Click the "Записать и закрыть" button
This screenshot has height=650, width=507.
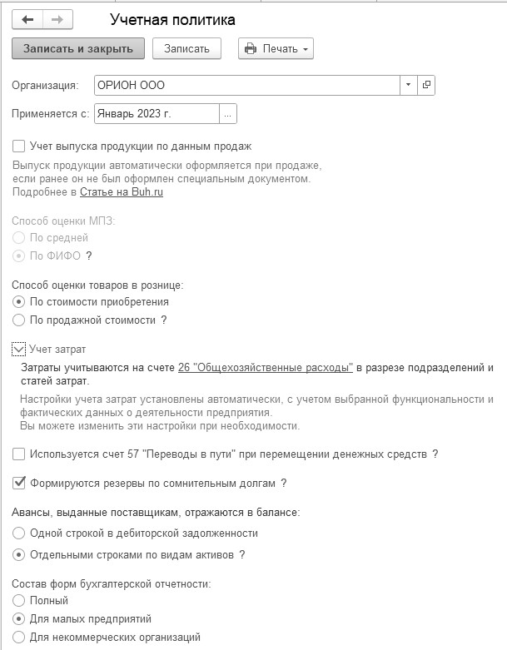[78, 48]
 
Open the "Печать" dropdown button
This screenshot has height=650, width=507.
[276, 48]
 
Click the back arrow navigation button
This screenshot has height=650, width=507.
[27, 19]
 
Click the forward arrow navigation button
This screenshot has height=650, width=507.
[57, 19]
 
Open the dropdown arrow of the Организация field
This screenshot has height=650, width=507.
[408, 85]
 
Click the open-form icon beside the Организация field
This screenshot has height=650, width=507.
[426, 85]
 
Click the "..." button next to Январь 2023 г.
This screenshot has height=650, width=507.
[228, 113]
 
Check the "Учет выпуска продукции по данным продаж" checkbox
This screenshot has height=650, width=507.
[19, 146]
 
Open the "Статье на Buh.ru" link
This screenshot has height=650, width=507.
[122, 192]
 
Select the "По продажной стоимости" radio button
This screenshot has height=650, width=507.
[19, 320]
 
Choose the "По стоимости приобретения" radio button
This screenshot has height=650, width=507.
[19, 302]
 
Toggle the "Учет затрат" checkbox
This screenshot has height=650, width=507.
[19, 350]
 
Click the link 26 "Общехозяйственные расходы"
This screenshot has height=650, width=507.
[266, 367]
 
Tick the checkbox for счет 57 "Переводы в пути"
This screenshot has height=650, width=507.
[19, 454]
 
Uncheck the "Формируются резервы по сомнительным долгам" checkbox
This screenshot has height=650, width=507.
[19, 483]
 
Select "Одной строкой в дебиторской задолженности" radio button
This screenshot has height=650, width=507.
[19, 533]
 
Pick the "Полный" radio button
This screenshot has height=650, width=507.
[19, 601]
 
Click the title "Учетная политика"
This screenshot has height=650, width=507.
[172, 19]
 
